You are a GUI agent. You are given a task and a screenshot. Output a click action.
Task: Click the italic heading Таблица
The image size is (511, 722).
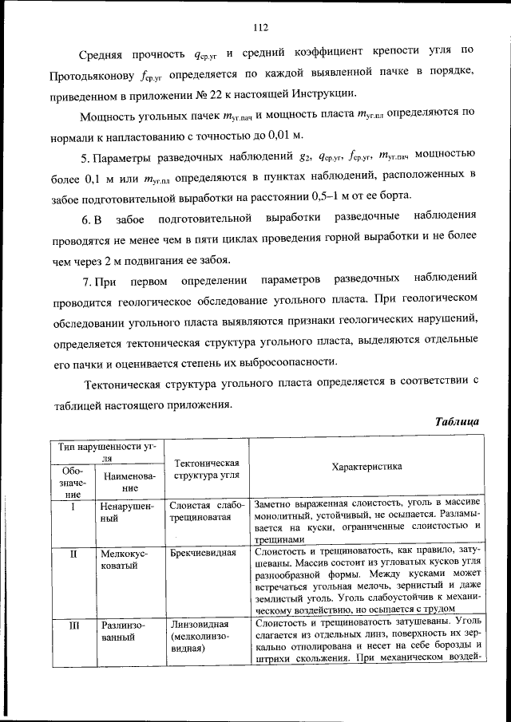click(x=456, y=420)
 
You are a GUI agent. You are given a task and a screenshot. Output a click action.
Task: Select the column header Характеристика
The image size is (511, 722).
click(x=366, y=466)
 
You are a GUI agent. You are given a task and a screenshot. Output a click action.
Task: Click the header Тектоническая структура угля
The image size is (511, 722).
click(x=206, y=470)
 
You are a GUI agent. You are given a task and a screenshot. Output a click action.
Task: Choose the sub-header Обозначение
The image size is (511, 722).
click(x=72, y=483)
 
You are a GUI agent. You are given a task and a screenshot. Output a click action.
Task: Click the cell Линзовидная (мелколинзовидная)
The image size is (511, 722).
click(x=202, y=637)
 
